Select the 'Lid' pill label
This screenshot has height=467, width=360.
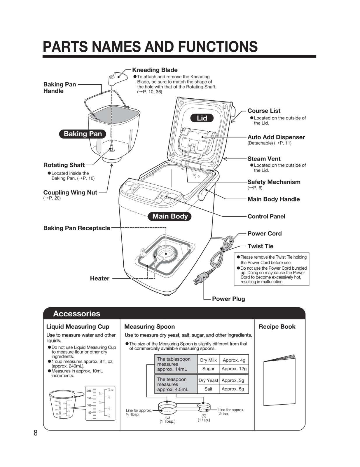point(202,118)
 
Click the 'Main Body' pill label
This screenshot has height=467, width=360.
point(170,216)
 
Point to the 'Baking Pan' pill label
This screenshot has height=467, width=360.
point(83,134)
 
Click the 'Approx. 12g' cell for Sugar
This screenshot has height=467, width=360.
point(234,369)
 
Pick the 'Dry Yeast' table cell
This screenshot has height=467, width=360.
point(208,380)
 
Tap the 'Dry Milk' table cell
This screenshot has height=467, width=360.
point(208,360)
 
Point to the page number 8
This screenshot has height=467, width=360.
point(36,433)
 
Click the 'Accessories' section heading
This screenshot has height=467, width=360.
point(76,314)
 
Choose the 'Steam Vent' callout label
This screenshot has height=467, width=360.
point(264,159)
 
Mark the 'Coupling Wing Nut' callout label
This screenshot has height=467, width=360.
point(70,193)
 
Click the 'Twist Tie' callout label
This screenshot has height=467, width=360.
point(260,246)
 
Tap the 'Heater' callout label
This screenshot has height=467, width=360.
point(99,278)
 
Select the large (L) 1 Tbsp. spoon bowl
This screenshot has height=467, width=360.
point(167,407)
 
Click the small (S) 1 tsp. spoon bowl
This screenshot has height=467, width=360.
point(204,407)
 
